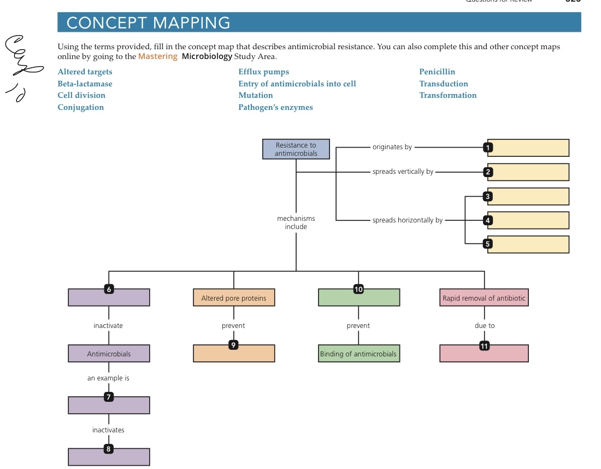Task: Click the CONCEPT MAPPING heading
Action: [x=148, y=23]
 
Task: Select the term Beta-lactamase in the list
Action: [x=85, y=84]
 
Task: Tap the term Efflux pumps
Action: [x=263, y=72]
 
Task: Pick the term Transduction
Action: [x=443, y=84]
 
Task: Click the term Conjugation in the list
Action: [x=80, y=107]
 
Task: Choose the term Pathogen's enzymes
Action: [x=275, y=107]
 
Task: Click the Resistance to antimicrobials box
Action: [x=296, y=149]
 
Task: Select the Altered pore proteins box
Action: [x=234, y=298]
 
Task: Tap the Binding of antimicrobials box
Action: [x=358, y=354]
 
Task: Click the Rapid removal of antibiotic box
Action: [x=484, y=298]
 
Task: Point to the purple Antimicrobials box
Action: [x=109, y=354]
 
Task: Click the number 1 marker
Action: [x=488, y=147]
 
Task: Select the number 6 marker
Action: [x=109, y=290]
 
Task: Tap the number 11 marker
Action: [x=484, y=345]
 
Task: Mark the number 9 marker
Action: [x=234, y=345]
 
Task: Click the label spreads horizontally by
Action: [x=408, y=220]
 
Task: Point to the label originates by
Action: [x=392, y=147]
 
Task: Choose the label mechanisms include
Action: [x=296, y=222]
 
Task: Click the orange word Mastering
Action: [x=157, y=56]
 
